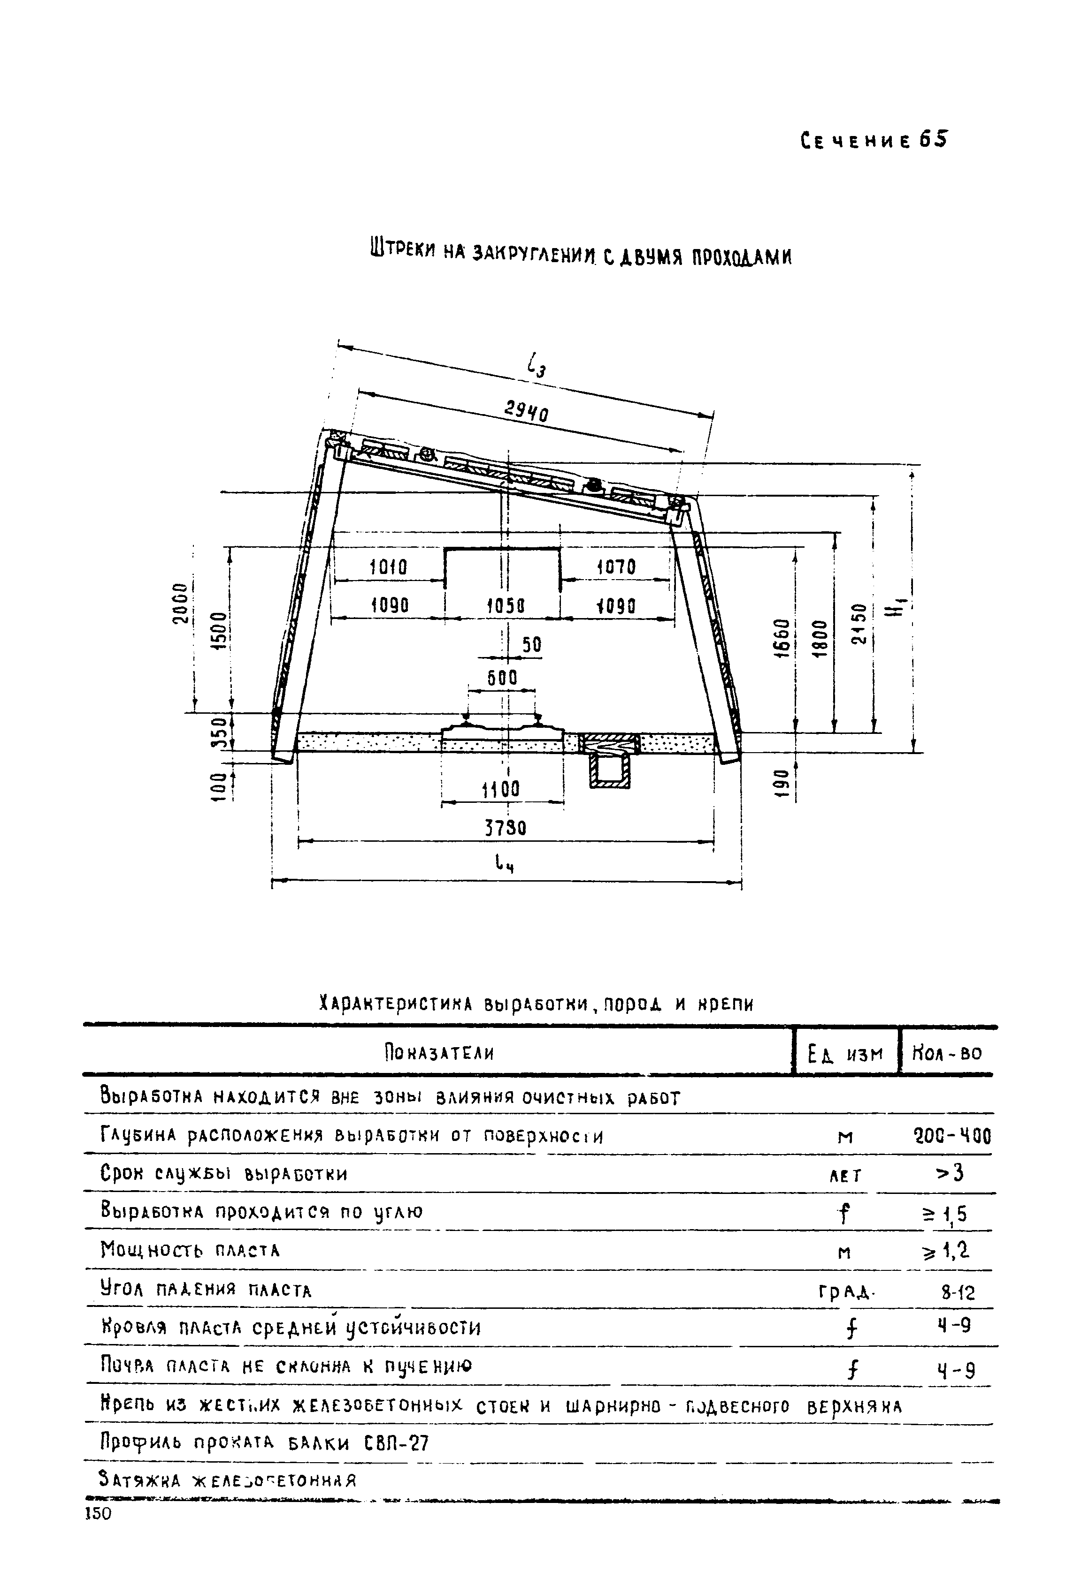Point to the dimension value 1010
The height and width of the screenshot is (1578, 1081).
[388, 567]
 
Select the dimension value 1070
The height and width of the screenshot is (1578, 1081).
[615, 567]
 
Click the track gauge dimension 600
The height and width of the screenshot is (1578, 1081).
[503, 678]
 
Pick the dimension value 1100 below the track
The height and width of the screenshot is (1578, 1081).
[501, 790]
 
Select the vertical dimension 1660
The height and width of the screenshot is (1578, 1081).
[783, 638]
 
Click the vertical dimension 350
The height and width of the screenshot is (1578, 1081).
[217, 732]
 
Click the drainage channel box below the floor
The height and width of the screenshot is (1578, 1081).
[609, 771]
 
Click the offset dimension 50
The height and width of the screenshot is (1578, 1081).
[532, 644]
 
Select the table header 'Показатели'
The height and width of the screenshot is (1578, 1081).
[438, 1054]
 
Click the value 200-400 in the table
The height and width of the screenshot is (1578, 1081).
[952, 1135]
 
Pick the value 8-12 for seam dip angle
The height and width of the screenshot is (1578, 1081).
[958, 1292]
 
